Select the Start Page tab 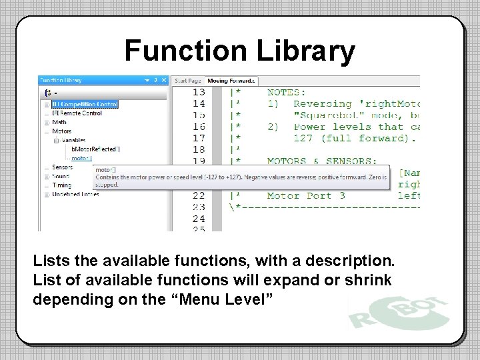point(187,81)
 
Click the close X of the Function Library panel point(164,80)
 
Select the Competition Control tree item point(85,104)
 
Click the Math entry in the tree point(59,122)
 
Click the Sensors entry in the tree point(62,167)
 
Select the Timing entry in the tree point(62,185)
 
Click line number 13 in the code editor point(199,92)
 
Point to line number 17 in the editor point(199,138)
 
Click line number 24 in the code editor point(199,219)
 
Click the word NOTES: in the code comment point(287,92)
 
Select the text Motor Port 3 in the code point(306,196)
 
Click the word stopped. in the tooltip point(107,184)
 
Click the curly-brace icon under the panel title point(47,93)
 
